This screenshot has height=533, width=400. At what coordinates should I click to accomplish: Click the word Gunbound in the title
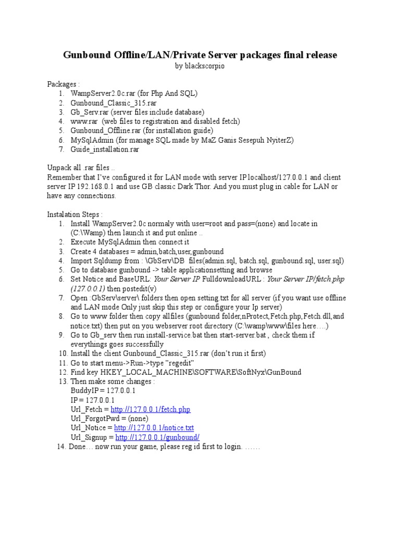88,55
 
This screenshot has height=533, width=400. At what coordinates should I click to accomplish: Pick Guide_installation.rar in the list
105,149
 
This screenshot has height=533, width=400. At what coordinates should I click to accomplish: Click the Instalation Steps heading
74,214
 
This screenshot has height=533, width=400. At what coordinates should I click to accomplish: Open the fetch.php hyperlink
151,410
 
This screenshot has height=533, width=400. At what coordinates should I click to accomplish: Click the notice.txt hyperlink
154,428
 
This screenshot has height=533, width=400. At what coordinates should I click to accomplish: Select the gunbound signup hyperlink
157,438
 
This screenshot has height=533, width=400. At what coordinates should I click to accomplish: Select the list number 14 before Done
60,447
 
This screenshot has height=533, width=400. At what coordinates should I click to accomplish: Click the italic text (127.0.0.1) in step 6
88,288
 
